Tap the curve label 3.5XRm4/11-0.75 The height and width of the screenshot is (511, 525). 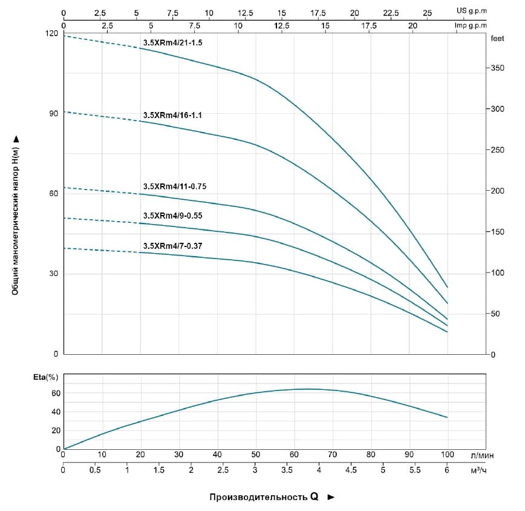175,186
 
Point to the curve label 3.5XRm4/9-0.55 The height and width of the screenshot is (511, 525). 172,216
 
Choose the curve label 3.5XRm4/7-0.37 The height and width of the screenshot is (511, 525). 172,245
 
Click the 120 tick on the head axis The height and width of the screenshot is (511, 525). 53,33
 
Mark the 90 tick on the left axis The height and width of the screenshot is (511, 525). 54,113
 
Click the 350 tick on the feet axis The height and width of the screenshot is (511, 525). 497,69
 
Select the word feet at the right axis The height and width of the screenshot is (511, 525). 497,38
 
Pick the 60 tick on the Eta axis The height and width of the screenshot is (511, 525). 56,393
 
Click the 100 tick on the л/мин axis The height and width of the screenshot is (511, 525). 448,455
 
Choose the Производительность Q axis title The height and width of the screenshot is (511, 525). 264,497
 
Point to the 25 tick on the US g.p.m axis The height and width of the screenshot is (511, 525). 427,12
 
